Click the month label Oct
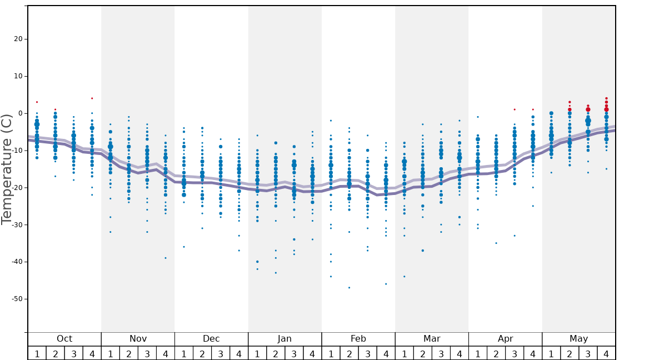(x=64, y=339)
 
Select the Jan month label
(x=284, y=339)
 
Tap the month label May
(x=578, y=339)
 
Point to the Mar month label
(x=432, y=339)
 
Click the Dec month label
(x=211, y=339)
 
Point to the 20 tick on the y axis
(x=17, y=39)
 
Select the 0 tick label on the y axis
(x=19, y=113)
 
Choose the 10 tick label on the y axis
(x=17, y=76)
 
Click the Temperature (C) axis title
(x=7, y=169)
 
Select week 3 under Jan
(x=294, y=354)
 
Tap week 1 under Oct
(x=37, y=354)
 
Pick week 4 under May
(x=606, y=354)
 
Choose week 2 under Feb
(x=349, y=354)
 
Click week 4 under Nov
(x=165, y=354)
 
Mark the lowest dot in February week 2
(x=349, y=287)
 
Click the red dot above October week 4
(x=92, y=98)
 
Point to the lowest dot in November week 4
(x=165, y=258)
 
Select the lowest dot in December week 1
(x=184, y=247)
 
